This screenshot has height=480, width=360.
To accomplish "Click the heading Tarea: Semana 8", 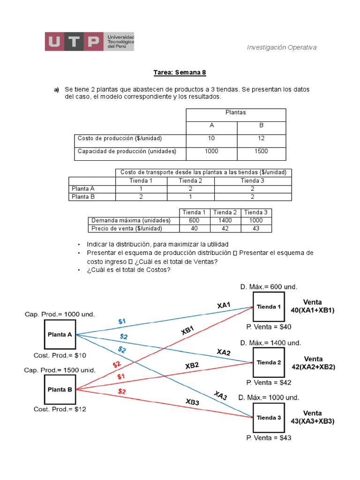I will pos(180,73).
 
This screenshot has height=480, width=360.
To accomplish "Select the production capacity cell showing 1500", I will pos(261,151).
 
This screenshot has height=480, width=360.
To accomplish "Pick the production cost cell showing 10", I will pos(212,138).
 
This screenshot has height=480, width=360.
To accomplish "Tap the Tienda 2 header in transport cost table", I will pos(190,180).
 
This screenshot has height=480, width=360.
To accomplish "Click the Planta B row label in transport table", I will pos(83,197).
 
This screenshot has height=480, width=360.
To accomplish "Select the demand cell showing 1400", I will pos(225,220).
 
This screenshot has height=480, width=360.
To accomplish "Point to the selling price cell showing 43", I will pos(256,228).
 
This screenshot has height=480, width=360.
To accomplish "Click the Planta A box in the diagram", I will pos(60,335).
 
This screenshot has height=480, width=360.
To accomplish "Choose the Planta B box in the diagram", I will pos(60,389).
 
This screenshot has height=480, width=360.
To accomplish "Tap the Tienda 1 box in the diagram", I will pos(269,307).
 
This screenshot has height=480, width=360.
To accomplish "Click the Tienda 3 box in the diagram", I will pos(269,418).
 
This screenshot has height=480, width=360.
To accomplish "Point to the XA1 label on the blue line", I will pos(224,305).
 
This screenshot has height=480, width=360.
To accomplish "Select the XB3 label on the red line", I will pos(193,401).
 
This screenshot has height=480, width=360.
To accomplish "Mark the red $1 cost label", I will pos(121,376).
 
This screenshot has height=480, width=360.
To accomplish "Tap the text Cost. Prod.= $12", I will pos(60,409).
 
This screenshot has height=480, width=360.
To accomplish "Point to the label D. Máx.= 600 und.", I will pos(269,286).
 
